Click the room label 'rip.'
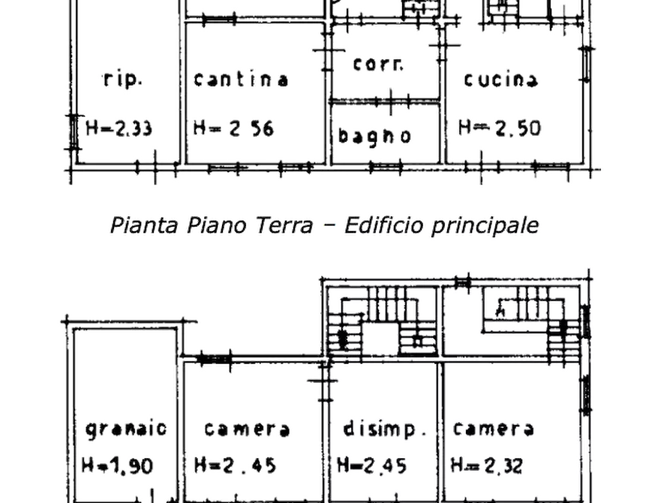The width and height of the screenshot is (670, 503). point(122,80)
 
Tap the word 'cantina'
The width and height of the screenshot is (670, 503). point(241,80)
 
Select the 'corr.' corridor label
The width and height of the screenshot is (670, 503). point(378,64)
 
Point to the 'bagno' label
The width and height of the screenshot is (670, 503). point(374,136)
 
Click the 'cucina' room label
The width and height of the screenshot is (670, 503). point(500,80)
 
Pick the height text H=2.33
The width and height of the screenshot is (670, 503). point(119,128)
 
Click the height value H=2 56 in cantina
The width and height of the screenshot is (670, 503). point(233,128)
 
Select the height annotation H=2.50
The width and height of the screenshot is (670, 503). point(500,128)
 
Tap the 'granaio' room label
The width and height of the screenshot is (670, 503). point(126,429)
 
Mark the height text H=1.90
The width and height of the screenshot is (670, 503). point(118,465)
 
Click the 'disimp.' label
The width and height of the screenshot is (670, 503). point(385,429)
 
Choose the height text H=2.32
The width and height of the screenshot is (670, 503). point(487,465)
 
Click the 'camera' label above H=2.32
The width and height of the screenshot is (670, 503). point(493,429)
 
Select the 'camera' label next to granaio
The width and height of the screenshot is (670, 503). point(247,429)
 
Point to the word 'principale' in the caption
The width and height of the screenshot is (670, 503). point(485,226)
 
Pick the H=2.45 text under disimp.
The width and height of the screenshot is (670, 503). point(371,465)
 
